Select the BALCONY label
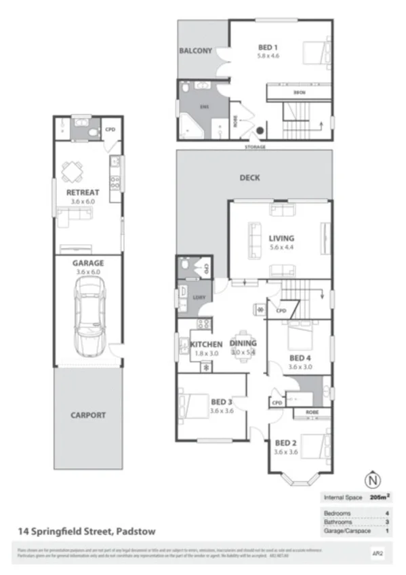(195, 51)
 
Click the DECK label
(249, 178)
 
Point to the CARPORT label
(88, 415)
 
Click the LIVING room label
(281, 238)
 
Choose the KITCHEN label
(206, 344)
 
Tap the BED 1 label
(268, 47)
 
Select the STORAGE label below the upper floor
(256, 147)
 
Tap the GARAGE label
(88, 263)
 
